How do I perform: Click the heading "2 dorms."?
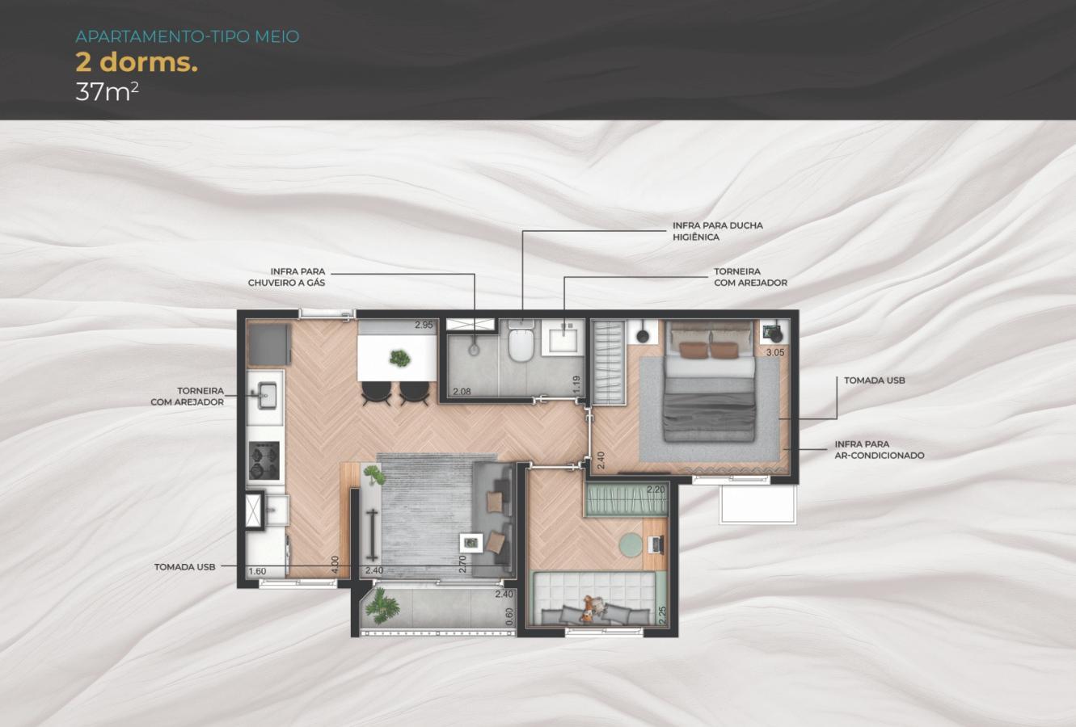(136, 63)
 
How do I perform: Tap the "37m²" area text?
(107, 91)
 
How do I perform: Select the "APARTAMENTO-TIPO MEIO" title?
(187, 36)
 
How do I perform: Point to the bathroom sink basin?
(563, 338)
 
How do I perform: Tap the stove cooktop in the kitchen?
(264, 461)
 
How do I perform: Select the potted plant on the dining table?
(399, 357)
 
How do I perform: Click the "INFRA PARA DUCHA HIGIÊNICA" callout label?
(717, 231)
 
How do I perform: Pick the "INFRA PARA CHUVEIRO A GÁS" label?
(286, 277)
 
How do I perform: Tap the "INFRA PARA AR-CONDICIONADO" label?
(879, 450)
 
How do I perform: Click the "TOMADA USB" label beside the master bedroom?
(874, 380)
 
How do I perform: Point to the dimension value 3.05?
(774, 353)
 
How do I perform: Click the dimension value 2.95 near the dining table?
(424, 325)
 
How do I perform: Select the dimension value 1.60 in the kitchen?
(257, 571)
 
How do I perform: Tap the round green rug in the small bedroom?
(631, 545)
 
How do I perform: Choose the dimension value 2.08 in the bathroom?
(462, 392)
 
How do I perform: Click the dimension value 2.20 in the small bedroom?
(655, 490)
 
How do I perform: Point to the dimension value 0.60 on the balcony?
(508, 616)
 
